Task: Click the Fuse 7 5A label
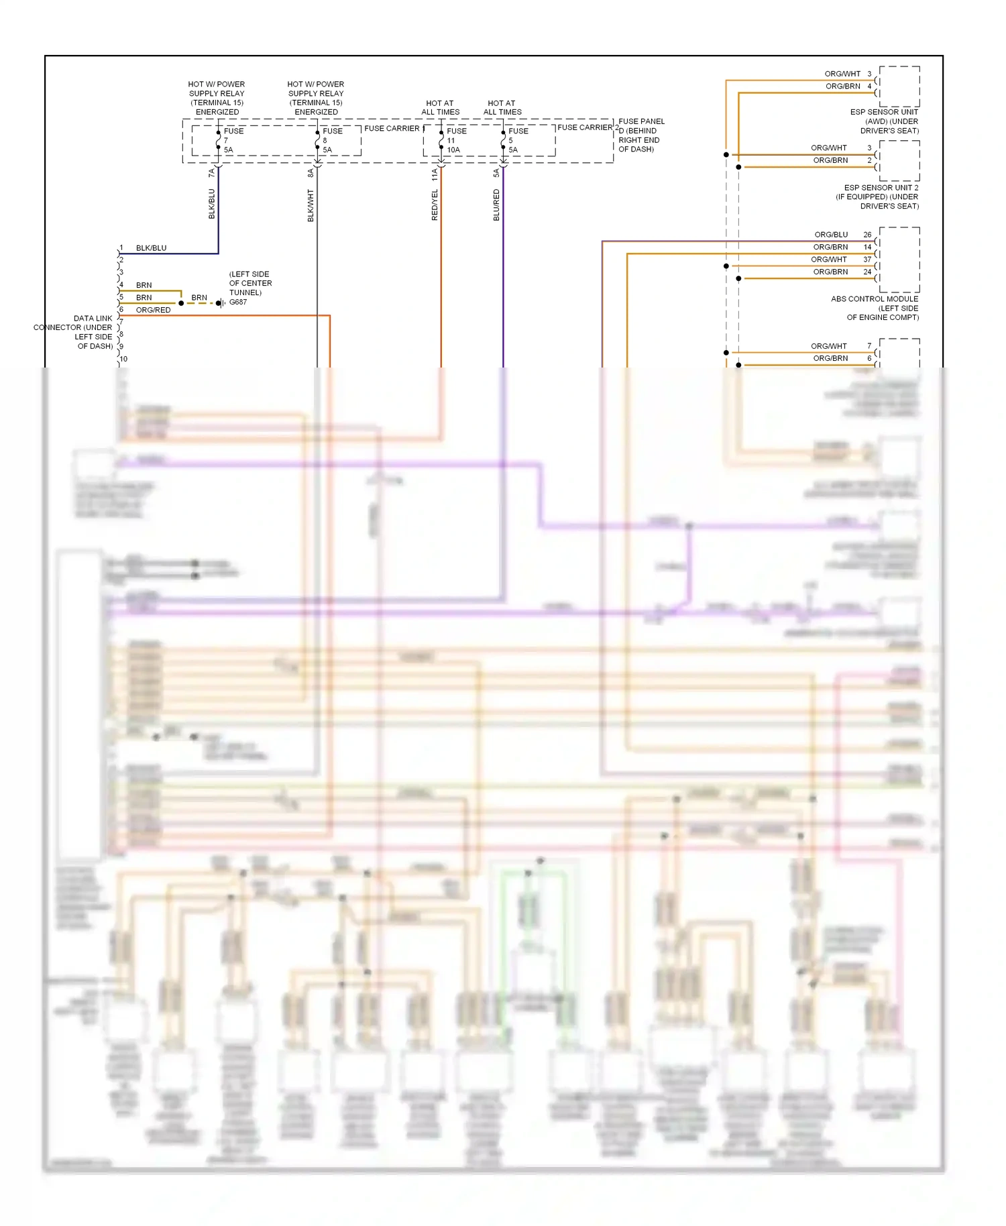[232, 140]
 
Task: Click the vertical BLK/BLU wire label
[212, 204]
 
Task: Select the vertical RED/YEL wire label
[435, 205]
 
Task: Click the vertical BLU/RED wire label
[496, 205]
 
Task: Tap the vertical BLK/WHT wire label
[311, 205]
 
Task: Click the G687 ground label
[238, 302]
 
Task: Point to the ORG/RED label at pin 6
[153, 310]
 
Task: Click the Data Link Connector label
[74, 332]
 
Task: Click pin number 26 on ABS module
[867, 235]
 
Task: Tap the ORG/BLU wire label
[831, 235]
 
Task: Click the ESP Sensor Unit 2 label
[879, 197]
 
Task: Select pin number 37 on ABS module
[867, 260]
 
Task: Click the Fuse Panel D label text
[640, 135]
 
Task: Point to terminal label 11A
[435, 175]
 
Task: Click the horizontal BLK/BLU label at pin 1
[151, 248]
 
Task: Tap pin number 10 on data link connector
[123, 359]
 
